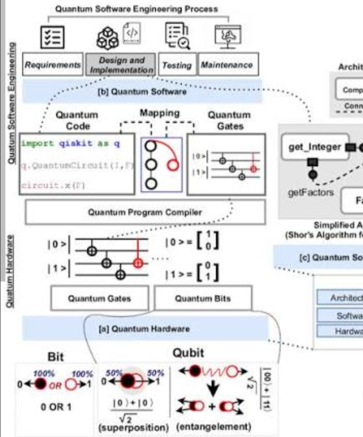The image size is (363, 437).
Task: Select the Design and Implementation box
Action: pos(121,65)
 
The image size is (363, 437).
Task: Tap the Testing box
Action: pos(177,66)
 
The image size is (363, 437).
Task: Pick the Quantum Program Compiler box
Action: pos(127,213)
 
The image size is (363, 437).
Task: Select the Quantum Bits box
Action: pos(203,298)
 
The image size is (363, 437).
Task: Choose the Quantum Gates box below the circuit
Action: pos(100,298)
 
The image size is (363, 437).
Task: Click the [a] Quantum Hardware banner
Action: pos(144,329)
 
